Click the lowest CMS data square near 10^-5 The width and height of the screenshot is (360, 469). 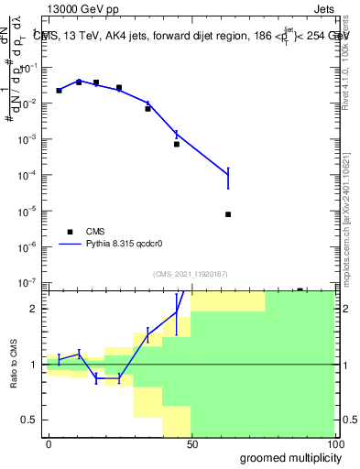227,214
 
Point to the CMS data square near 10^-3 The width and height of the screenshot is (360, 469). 177,144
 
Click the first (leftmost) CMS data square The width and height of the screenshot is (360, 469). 59,91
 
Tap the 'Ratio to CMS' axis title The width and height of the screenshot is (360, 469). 13,364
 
